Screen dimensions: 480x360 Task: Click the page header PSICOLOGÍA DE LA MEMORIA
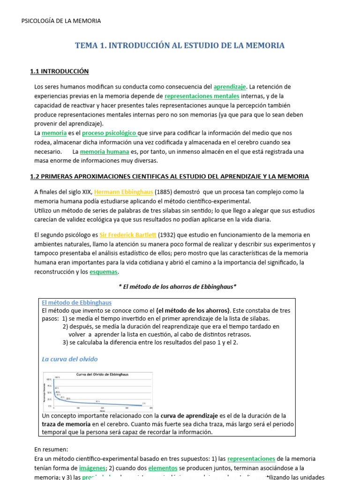point(61,21)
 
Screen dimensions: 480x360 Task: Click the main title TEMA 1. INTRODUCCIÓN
point(180,45)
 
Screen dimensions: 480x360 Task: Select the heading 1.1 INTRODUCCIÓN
point(59,71)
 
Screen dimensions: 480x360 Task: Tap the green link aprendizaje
point(230,87)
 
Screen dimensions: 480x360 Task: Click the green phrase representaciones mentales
point(202,96)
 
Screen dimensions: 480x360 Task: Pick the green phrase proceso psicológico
point(110,133)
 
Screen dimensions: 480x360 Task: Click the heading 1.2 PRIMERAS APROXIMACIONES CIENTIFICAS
point(169,176)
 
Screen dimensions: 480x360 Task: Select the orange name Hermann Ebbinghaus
point(117,192)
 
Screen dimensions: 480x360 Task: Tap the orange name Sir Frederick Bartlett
point(123,234)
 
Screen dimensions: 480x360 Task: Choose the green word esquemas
point(104,272)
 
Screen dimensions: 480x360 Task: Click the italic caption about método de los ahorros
point(176,286)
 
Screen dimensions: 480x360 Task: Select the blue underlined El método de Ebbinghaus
point(77,302)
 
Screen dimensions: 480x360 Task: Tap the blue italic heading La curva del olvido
point(69,359)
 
